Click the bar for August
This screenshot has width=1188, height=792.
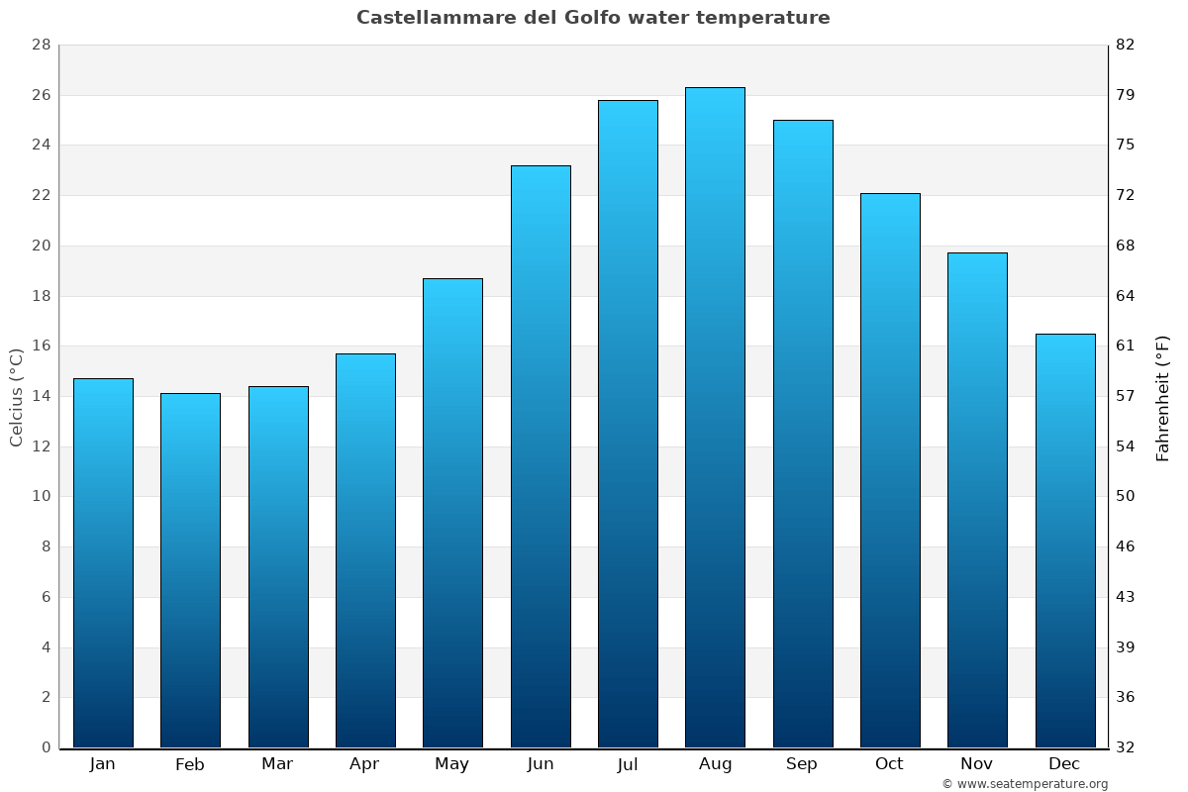point(715,418)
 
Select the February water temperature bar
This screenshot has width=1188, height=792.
point(190,570)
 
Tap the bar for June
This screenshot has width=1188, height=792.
point(541,456)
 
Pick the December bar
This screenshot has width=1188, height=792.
point(1065,541)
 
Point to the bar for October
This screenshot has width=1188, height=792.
point(890,470)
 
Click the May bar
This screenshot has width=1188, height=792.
point(452,513)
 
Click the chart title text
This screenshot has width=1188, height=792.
point(593,18)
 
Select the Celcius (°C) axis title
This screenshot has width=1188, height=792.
point(16,397)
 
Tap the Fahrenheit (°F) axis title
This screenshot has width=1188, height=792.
point(1163,397)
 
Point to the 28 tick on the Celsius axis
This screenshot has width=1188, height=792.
point(41,46)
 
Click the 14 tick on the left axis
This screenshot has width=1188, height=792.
point(41,396)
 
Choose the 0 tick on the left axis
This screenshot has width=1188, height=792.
point(46,747)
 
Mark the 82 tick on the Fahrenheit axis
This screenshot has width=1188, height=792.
point(1126,46)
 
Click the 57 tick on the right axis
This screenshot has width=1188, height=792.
point(1126,396)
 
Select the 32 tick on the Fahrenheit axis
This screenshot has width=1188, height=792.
point(1126,747)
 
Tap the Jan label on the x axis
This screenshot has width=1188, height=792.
point(102,764)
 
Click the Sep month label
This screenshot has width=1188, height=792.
point(802,764)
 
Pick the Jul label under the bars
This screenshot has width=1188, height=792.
point(627,764)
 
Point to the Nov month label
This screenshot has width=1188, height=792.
point(977,764)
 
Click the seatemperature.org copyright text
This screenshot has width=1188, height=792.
point(1025,784)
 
